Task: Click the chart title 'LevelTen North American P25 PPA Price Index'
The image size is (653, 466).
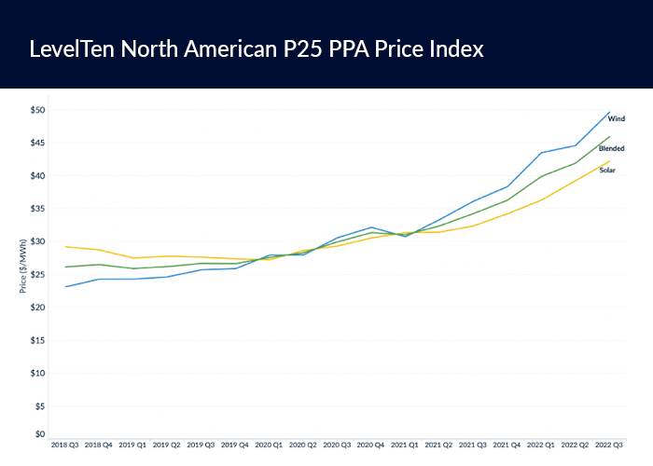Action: pos(257,48)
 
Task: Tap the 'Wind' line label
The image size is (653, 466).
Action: pos(617,119)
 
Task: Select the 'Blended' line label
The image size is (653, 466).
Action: pos(612,148)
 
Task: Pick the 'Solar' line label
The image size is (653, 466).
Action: pos(607,170)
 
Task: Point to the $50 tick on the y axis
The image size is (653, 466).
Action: pos(37,110)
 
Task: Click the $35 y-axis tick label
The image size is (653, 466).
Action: pos(37,209)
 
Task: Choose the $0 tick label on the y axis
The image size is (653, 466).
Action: pos(39,434)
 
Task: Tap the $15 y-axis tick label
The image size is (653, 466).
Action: pos(37,340)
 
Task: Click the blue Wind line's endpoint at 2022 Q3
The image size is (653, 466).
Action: pos(610,112)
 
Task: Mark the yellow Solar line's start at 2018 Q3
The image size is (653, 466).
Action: pos(64,247)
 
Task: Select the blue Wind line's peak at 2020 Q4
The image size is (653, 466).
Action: pos(371,226)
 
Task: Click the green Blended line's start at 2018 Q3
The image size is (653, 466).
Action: pos(64,267)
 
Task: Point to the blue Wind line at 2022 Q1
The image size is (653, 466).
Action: pos(542,153)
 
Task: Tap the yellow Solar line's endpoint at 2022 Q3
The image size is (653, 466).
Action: pos(610,160)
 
